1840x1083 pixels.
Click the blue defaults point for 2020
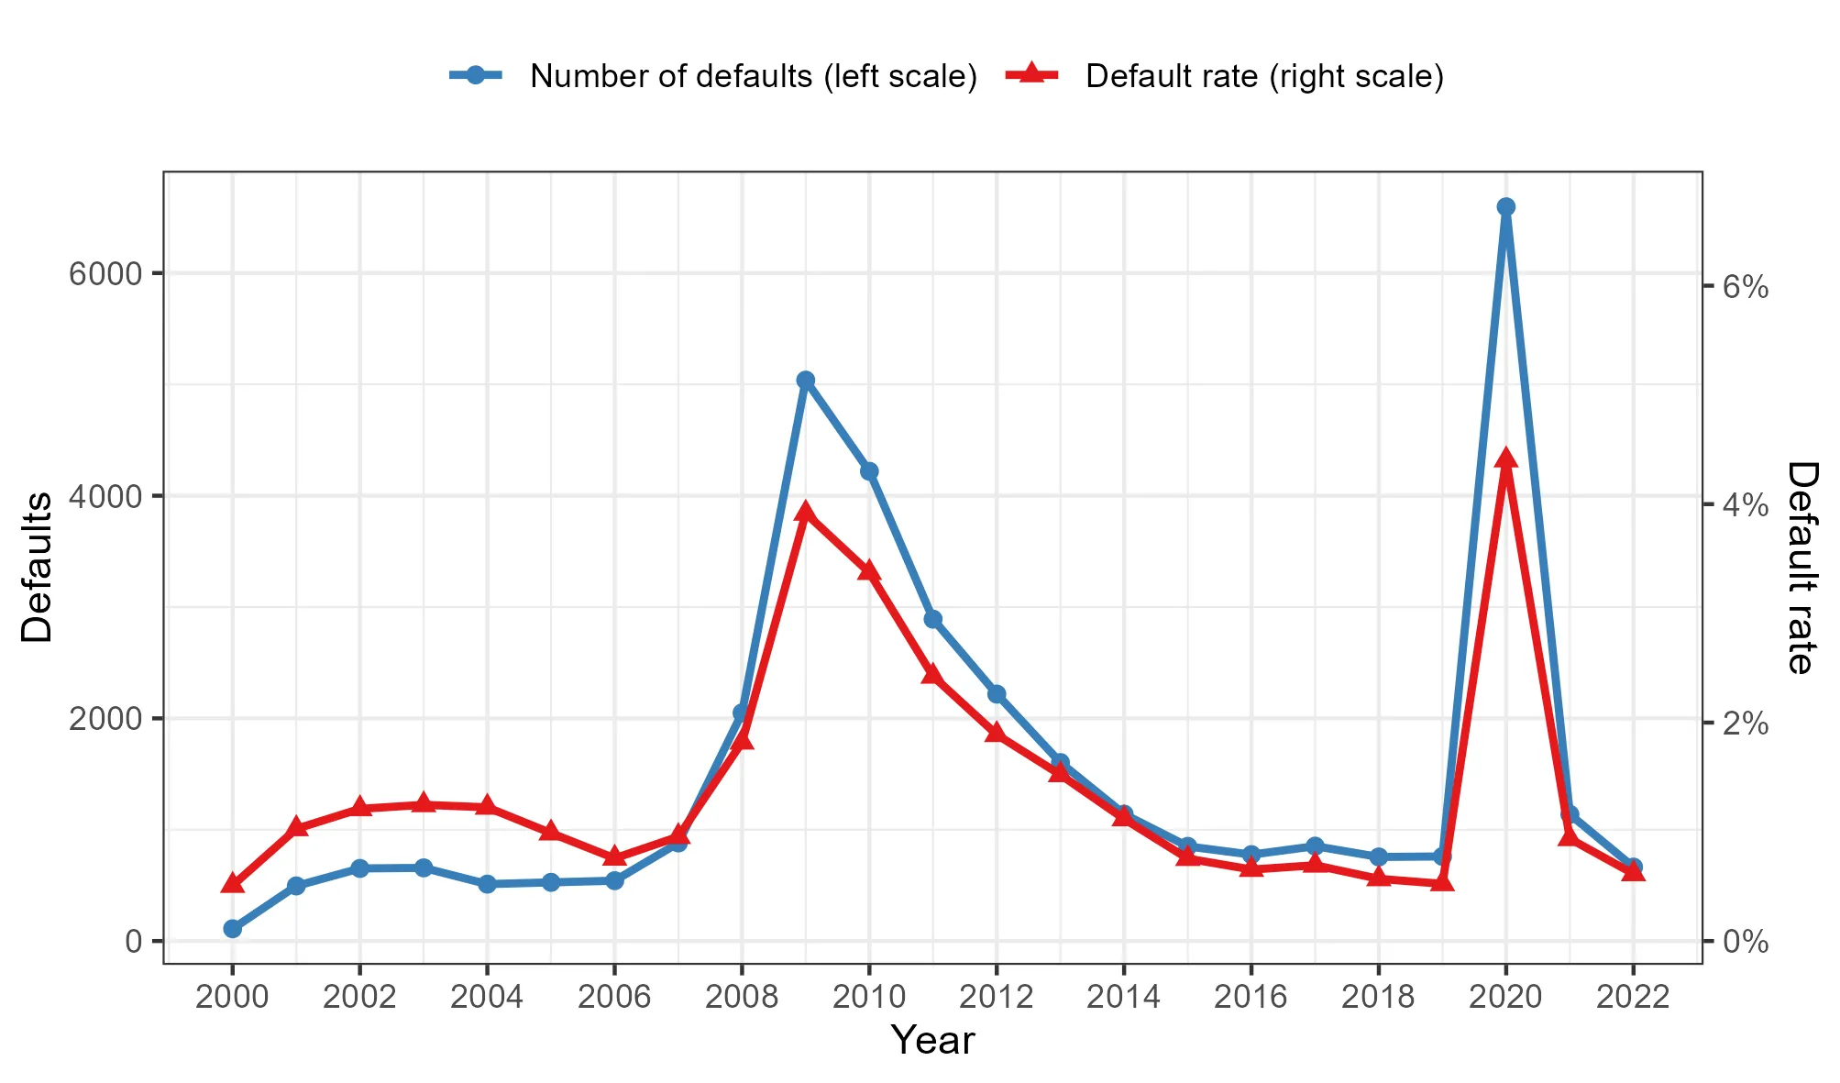[1505, 207]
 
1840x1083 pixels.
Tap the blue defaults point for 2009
[806, 381]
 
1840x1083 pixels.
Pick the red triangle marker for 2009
[806, 513]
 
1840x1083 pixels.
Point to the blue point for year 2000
[233, 929]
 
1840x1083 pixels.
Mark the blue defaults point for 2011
[933, 620]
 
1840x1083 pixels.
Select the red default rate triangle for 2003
[424, 804]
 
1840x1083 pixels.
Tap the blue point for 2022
[1633, 868]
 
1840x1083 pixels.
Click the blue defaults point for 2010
[869, 471]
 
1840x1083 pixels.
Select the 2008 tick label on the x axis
[742, 997]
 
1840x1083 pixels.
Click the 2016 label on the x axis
[1251, 997]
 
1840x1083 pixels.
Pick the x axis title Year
[932, 1041]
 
